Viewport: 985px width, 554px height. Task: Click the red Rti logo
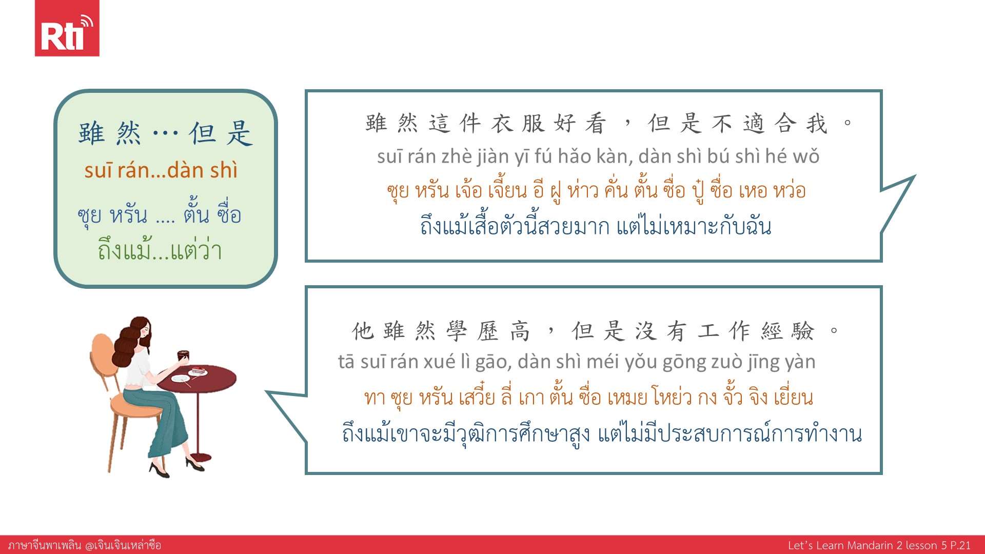67,28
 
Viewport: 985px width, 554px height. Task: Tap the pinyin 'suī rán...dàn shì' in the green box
161,170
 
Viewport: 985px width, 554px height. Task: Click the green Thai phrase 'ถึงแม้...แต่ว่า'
160,250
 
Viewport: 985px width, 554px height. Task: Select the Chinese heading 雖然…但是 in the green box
165,133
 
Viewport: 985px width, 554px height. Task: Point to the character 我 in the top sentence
817,124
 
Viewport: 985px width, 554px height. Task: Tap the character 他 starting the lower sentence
363,331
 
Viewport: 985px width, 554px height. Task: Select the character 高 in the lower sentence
520,331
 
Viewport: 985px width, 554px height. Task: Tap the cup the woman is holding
183,356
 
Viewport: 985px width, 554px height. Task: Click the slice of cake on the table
198,370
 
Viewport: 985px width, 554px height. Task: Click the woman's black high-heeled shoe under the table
194,464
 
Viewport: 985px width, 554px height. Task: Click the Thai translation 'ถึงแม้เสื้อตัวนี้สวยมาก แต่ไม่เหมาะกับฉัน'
596,226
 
